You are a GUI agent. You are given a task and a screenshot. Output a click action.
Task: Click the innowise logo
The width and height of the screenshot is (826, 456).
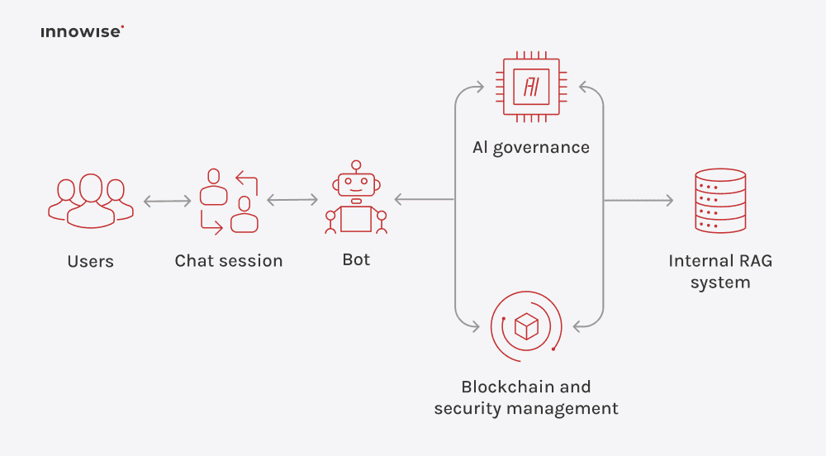pyautogui.click(x=81, y=32)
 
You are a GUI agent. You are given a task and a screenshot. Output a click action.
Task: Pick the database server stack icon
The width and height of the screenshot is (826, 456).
pyautogui.click(x=720, y=200)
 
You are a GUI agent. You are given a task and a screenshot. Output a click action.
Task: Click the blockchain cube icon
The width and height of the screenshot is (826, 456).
pyautogui.click(x=526, y=326)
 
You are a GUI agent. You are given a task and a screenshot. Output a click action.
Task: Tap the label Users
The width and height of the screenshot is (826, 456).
pyautogui.click(x=90, y=262)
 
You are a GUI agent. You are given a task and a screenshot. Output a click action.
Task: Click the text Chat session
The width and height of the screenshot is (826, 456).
pyautogui.click(x=229, y=261)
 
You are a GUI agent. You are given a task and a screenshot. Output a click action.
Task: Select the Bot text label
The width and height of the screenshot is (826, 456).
pyautogui.click(x=356, y=259)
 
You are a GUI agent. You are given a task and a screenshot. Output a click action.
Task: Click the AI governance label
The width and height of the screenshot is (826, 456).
pyautogui.click(x=531, y=148)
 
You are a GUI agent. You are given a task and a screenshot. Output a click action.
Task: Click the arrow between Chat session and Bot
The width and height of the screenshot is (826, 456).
pyautogui.click(x=292, y=200)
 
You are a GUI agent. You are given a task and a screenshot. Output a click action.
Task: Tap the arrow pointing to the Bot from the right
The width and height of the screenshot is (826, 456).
pyautogui.click(x=423, y=199)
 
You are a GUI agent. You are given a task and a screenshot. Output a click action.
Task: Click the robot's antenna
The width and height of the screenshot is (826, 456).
pyautogui.click(x=355, y=165)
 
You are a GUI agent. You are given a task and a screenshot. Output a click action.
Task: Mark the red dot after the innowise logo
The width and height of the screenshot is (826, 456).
pyautogui.click(x=122, y=28)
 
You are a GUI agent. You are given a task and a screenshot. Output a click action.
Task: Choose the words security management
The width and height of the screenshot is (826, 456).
pyautogui.click(x=526, y=408)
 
